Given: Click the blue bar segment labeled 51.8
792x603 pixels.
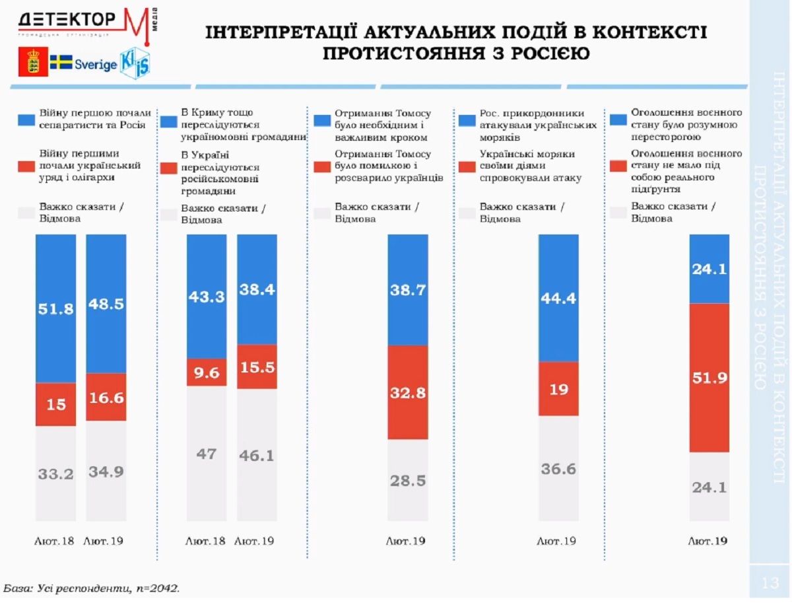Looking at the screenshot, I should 56,308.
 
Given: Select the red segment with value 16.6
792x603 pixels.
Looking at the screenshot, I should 106,397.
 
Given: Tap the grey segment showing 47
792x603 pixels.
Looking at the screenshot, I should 207,454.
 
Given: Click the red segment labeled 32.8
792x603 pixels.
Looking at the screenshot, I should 407,392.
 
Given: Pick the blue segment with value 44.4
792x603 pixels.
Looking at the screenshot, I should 558,298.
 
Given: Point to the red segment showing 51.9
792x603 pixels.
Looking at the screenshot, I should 709,377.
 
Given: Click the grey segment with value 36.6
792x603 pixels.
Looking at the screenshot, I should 558,468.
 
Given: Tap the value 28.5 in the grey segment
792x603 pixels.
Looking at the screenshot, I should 407,480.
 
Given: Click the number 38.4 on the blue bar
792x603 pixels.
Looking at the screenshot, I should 257,289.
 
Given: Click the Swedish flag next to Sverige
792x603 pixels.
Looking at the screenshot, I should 61,63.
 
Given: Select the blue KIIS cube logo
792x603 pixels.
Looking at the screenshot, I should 135,63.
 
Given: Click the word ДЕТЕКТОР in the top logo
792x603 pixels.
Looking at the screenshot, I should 66,19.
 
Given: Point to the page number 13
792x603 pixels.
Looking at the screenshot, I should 770,583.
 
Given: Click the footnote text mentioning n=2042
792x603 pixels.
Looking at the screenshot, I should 92,587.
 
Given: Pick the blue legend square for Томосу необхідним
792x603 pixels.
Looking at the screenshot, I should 323,121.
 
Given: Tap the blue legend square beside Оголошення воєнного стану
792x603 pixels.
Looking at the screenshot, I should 618,120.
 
